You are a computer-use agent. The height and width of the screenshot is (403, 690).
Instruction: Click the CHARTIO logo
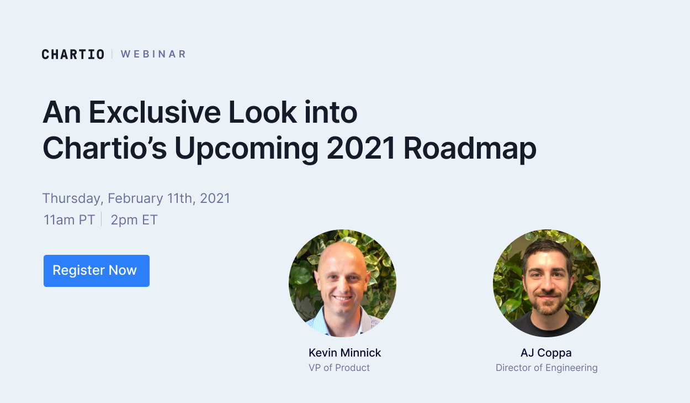pyautogui.click(x=73, y=54)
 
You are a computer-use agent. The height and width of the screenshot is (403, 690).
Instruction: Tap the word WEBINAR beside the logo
pyautogui.click(x=153, y=54)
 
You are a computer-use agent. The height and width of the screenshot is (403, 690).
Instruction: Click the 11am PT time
pyautogui.click(x=70, y=220)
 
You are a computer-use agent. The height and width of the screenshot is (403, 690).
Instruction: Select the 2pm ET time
pyautogui.click(x=134, y=220)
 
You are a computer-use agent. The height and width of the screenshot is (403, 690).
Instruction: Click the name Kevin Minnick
pyautogui.click(x=345, y=353)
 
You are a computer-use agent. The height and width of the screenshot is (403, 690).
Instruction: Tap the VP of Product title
pyautogui.click(x=339, y=368)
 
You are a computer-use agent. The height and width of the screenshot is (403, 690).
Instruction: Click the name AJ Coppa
pyautogui.click(x=546, y=353)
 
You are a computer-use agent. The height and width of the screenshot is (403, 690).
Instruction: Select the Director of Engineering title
pyautogui.click(x=546, y=368)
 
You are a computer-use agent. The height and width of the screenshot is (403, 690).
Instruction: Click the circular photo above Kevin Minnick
pyautogui.click(x=342, y=283)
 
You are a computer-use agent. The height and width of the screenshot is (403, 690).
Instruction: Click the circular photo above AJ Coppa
pyautogui.click(x=546, y=283)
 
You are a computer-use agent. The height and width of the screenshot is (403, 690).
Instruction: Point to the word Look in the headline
pyautogui.click(x=263, y=112)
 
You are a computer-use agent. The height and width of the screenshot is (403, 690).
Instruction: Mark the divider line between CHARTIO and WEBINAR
pyautogui.click(x=112, y=54)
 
